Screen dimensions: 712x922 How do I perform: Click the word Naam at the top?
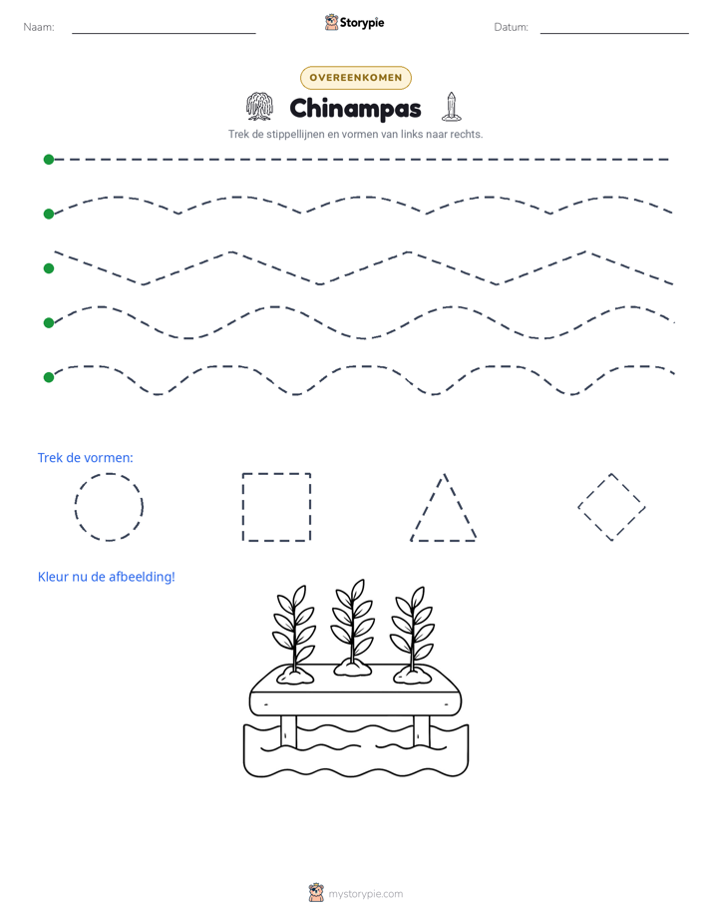[x=39, y=27]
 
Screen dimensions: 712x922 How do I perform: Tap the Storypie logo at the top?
[x=354, y=22]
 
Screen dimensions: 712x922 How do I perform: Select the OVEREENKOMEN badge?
[x=356, y=78]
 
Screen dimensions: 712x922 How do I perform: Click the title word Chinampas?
[x=355, y=109]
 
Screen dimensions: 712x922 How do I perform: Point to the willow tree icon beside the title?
[x=259, y=107]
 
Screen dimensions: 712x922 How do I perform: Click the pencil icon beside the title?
[x=451, y=107]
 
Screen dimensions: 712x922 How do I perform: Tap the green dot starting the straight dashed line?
[x=49, y=160]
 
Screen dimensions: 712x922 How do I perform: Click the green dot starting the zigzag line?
[x=49, y=268]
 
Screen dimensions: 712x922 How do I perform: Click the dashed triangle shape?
[x=427, y=507]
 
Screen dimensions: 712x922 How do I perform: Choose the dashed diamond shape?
[x=594, y=490]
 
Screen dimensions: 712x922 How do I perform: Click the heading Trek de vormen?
[x=85, y=457]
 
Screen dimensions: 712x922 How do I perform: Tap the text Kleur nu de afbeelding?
[x=107, y=577]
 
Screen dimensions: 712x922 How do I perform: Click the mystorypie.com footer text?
[x=365, y=894]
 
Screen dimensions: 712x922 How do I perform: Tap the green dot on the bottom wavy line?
[x=49, y=377]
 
